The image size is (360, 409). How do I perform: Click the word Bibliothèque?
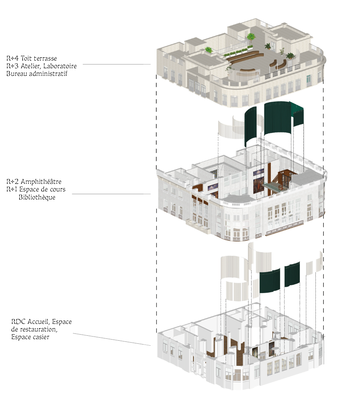pyautogui.click(x=37, y=197)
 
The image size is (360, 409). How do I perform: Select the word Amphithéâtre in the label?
pyautogui.click(x=41, y=182)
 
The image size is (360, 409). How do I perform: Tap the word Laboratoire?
pyautogui.click(x=60, y=66)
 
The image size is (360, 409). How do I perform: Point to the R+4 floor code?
pyautogui.click(x=13, y=58)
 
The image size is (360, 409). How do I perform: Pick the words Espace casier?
pyautogui.click(x=30, y=337)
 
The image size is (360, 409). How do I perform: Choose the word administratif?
pyautogui.click(x=48, y=74)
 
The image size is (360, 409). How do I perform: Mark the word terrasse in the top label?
pyautogui.click(x=45, y=58)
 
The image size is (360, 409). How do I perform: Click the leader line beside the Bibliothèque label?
pyautogui.click(x=111, y=194)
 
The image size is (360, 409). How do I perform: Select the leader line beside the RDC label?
pyautogui.click(x=112, y=339)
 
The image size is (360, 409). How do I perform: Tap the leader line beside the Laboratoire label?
pyautogui.click(x=117, y=64)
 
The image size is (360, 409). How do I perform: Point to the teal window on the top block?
pyautogui.click(x=309, y=81)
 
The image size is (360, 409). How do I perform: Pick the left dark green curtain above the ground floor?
pyautogui.click(x=270, y=281)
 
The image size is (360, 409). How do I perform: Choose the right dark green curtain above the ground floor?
pyautogui.click(x=292, y=274)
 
